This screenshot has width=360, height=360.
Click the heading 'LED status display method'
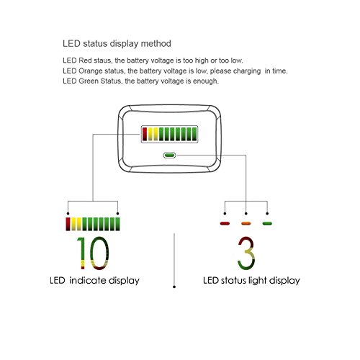click(x=117, y=44)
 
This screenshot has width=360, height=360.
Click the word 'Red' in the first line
click(x=85, y=60)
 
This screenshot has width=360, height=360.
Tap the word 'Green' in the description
click(x=89, y=81)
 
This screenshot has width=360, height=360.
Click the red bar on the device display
click(x=145, y=134)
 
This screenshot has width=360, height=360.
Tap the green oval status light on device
click(x=169, y=156)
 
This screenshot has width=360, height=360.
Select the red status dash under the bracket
click(x=225, y=223)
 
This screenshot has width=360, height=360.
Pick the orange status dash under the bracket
click(x=246, y=223)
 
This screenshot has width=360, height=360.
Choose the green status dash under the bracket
click(x=267, y=223)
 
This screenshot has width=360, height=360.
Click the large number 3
click(x=246, y=253)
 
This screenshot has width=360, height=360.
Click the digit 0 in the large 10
click(x=99, y=253)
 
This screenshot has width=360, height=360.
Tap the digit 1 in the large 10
click(x=81, y=253)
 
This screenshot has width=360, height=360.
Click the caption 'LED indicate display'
click(x=94, y=281)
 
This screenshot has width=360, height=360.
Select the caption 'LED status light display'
click(x=251, y=281)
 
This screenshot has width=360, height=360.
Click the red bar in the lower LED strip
click(x=68, y=224)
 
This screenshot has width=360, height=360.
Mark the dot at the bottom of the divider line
click(x=174, y=287)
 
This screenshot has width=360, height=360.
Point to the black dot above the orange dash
click(x=246, y=213)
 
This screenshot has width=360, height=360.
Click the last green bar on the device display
click(x=194, y=134)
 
